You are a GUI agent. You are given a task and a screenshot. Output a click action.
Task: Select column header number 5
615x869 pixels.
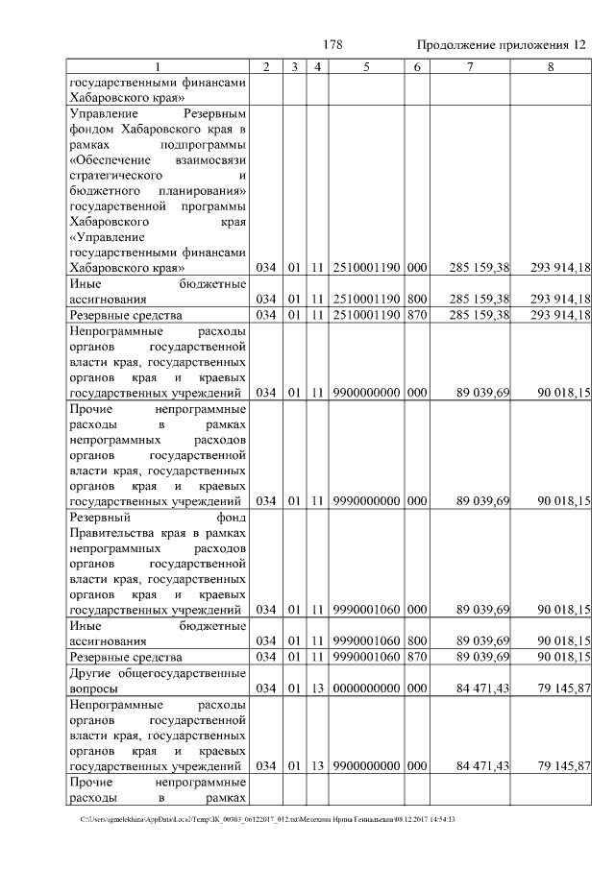pos(367,66)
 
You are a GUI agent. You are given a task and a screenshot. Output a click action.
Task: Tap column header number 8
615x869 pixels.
pos(551,66)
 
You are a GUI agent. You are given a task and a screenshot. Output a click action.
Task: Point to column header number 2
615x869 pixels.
pos(266,66)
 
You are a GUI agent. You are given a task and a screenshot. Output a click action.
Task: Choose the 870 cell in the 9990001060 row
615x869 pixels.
pos(417,656)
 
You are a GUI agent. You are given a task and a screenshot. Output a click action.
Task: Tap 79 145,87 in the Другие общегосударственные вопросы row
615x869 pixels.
pos(559,688)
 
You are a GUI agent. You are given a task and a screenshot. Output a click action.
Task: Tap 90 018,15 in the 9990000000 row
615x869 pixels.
pos(559,500)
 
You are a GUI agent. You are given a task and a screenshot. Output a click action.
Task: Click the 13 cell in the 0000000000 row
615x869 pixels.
pos(316,688)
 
